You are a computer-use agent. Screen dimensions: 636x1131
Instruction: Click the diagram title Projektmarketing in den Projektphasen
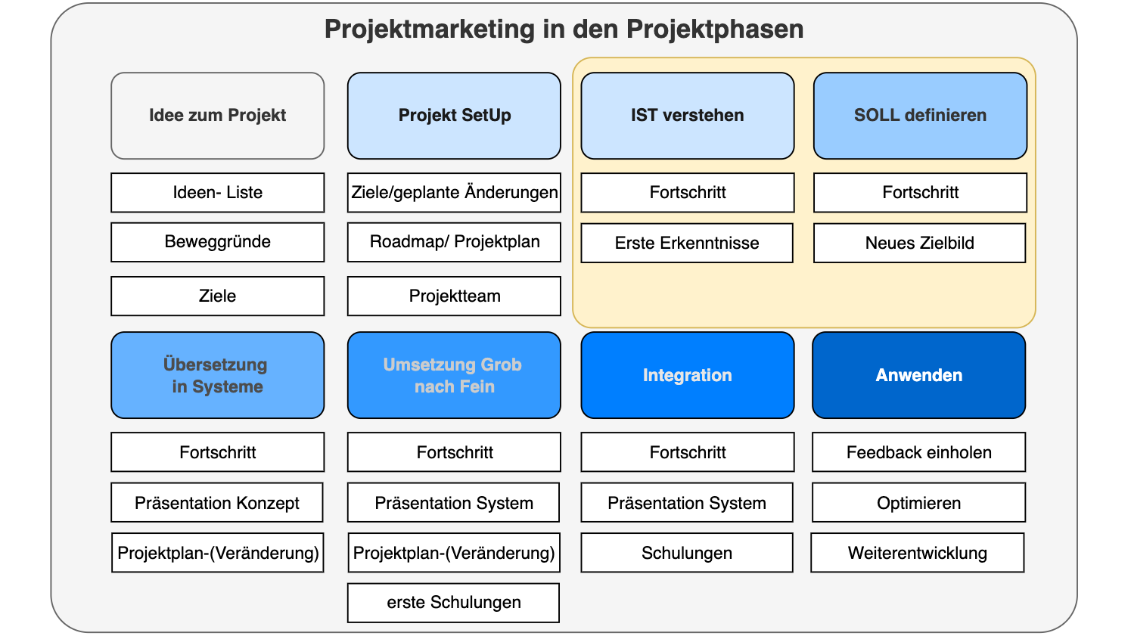(x=564, y=29)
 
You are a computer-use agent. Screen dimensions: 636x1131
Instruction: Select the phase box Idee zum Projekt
(x=218, y=116)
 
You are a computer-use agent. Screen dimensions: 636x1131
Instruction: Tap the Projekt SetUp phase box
(x=454, y=116)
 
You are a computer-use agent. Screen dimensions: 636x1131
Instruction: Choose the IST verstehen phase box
(x=687, y=116)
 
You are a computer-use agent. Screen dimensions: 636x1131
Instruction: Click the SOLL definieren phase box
(x=920, y=116)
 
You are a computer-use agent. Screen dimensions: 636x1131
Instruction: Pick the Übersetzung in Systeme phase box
(x=218, y=375)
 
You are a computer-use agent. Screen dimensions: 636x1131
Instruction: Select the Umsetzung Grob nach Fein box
(x=454, y=375)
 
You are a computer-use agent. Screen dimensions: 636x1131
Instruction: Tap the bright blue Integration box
(x=687, y=375)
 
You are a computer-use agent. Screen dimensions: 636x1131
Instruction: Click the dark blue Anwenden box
(x=918, y=375)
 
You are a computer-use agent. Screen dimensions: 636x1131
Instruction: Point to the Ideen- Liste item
(x=218, y=193)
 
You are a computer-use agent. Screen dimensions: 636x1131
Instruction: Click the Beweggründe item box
(x=218, y=242)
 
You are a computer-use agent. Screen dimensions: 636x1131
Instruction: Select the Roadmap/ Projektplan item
(x=454, y=242)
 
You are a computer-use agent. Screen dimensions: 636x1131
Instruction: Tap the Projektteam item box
(x=454, y=296)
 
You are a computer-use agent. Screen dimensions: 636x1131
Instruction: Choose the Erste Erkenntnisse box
(x=687, y=243)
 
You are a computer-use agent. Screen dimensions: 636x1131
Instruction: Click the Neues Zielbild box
(x=919, y=243)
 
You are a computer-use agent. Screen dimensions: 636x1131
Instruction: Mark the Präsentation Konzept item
(x=217, y=503)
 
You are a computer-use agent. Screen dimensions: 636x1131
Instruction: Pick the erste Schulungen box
(x=453, y=603)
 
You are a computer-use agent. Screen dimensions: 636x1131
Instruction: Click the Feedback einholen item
(x=918, y=452)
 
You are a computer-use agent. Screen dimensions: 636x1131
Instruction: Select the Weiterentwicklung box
(x=917, y=553)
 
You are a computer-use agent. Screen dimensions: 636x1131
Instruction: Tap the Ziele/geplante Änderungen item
(x=454, y=193)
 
